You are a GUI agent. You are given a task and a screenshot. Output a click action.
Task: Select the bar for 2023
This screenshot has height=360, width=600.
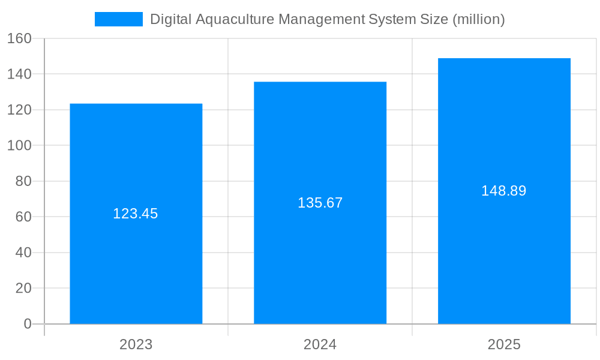(x=136, y=270)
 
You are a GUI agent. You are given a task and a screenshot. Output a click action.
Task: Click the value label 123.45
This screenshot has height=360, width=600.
(x=136, y=214)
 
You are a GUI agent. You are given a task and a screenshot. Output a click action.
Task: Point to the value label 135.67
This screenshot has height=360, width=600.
(x=320, y=203)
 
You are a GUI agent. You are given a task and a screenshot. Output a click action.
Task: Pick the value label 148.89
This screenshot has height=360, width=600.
(x=504, y=191)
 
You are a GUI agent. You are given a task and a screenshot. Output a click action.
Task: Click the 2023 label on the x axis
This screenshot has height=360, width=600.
(x=136, y=344)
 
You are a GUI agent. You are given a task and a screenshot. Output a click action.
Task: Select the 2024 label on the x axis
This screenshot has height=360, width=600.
(x=320, y=344)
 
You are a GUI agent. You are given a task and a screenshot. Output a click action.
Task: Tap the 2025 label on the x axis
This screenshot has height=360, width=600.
(x=504, y=344)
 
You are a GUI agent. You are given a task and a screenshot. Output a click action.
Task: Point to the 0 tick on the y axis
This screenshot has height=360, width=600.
(x=28, y=324)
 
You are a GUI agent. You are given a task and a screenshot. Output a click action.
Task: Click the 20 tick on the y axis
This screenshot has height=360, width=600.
(x=23, y=288)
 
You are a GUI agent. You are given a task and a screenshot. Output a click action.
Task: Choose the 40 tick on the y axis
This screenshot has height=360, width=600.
(x=23, y=253)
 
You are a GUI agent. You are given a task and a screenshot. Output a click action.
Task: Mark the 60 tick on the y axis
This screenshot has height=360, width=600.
(x=23, y=217)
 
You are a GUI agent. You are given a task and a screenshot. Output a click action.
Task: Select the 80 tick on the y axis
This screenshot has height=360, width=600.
(x=23, y=181)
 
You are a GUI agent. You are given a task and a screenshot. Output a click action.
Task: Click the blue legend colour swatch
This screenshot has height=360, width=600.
(x=119, y=19)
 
